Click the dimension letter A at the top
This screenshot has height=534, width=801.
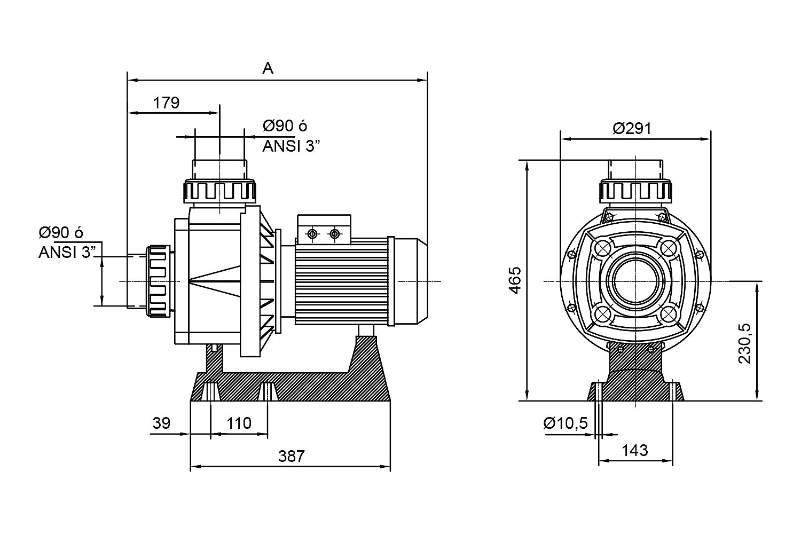click(268, 68)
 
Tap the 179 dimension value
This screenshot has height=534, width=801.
click(167, 103)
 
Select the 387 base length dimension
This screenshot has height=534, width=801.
click(291, 456)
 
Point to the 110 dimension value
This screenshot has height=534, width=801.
click(239, 423)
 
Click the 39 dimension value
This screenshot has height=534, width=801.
click(161, 423)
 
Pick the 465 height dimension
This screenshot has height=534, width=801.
click(514, 279)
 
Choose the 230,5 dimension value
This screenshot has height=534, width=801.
click(744, 343)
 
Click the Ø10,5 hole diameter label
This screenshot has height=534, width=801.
click(566, 423)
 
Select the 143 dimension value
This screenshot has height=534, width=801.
click(635, 450)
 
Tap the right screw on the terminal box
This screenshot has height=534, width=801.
click(335, 234)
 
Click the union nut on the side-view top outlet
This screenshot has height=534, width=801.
click(220, 191)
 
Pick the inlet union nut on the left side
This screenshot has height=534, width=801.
click(158, 281)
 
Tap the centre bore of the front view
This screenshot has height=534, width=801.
click(635, 281)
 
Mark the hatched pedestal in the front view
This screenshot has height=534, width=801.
click(635, 374)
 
